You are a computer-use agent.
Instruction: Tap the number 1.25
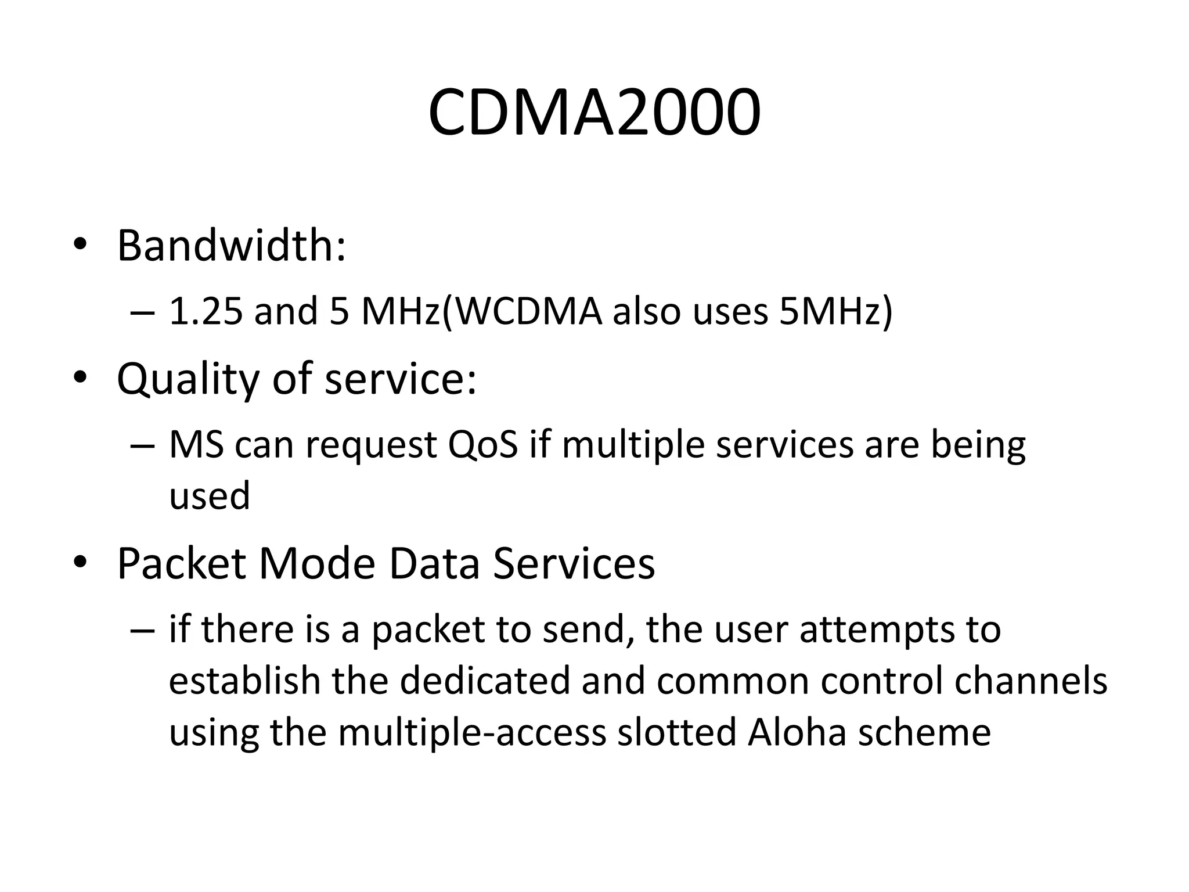point(206,311)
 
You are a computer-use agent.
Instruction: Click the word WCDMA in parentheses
point(527,311)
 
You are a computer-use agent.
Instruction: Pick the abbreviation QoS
point(482,445)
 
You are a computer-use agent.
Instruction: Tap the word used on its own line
point(210,495)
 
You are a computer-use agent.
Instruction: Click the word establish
point(244,681)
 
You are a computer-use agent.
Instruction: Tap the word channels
point(1031,681)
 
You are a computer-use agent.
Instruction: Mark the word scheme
point(924,732)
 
